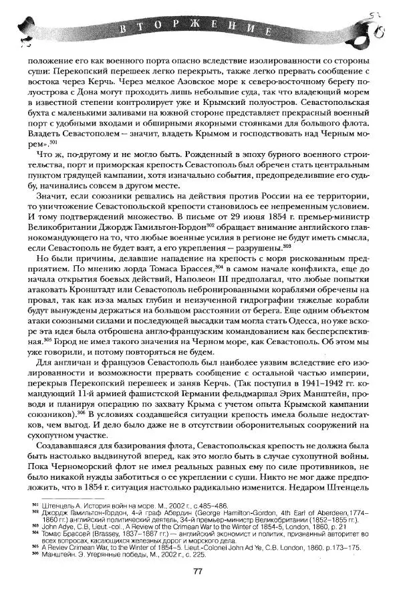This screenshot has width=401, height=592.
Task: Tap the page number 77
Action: (x=198, y=571)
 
